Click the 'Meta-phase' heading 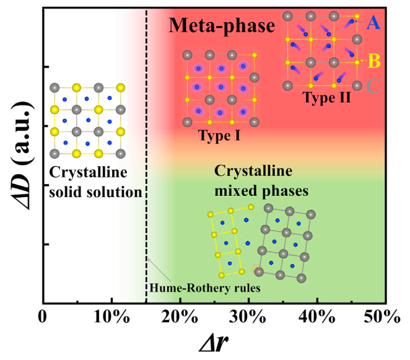(221, 26)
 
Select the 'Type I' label (217, 135)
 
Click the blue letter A (373, 24)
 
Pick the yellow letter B (373, 61)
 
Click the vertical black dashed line (146, 186)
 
